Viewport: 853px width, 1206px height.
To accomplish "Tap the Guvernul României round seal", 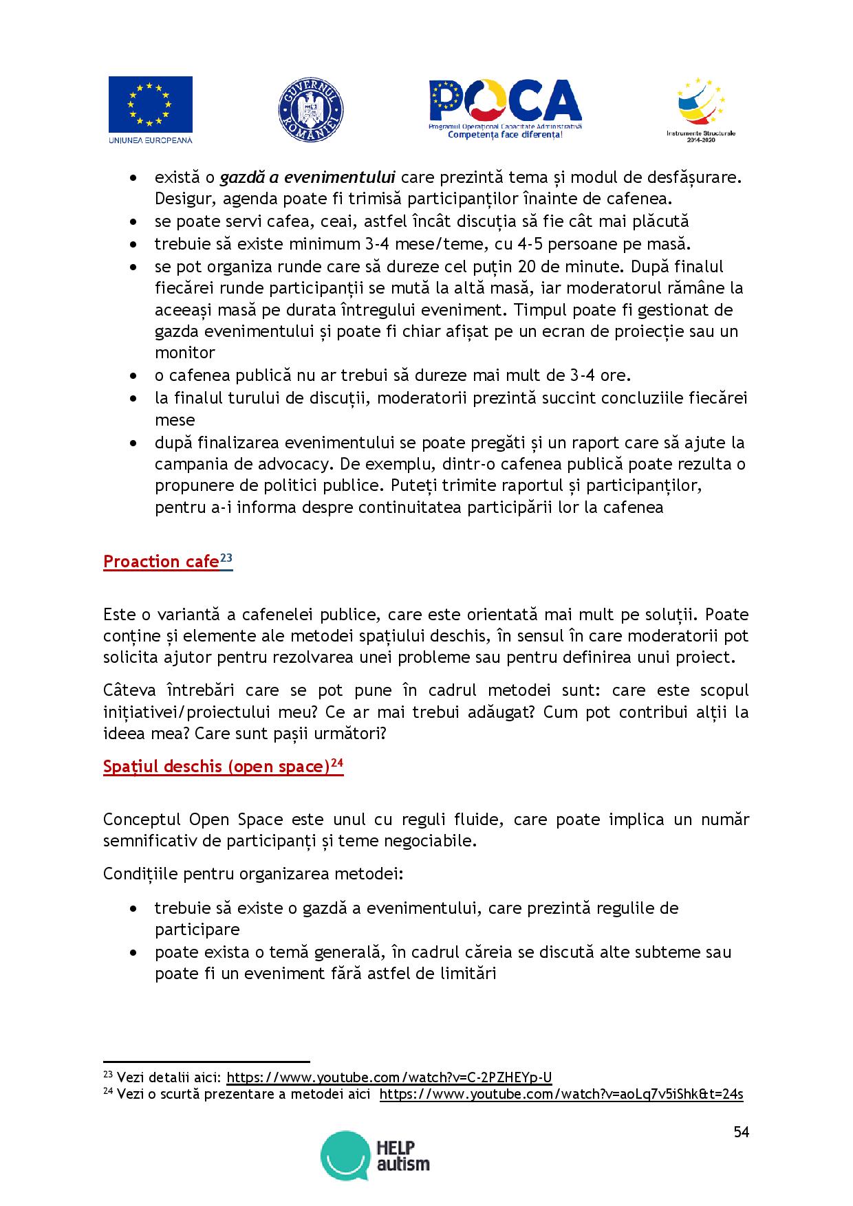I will (x=310, y=110).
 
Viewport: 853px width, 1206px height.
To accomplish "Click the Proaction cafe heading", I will (x=161, y=562).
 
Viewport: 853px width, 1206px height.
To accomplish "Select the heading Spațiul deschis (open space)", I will (x=216, y=767).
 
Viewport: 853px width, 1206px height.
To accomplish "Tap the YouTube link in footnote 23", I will (x=389, y=1077).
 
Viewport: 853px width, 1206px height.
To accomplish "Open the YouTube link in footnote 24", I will (x=561, y=1094).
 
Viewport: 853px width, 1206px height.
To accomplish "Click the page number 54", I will (x=741, y=1132).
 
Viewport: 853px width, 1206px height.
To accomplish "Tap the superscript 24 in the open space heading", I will (x=336, y=762).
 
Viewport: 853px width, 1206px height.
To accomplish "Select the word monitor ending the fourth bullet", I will (x=185, y=353).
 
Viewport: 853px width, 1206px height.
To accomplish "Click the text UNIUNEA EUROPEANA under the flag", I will (x=150, y=140).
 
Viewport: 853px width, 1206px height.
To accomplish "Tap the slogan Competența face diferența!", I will (x=505, y=135).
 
